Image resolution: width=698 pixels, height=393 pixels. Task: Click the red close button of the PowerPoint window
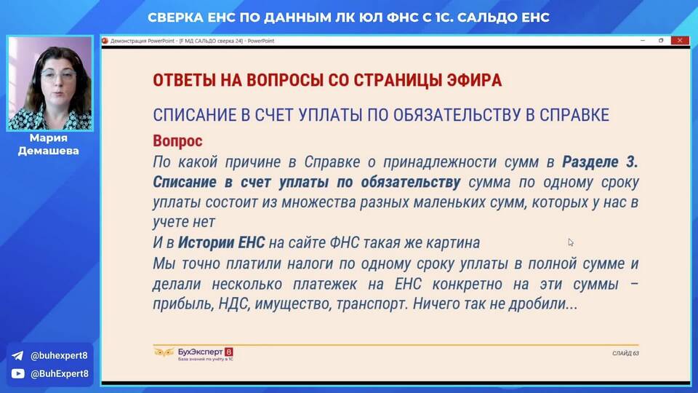coord(680,41)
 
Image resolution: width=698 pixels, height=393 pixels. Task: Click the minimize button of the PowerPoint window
coord(643,41)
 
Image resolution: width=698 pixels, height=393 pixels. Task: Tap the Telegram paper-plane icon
coord(17,356)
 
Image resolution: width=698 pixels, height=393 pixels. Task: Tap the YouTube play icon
coord(17,373)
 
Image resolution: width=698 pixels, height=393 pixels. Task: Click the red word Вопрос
coord(177,140)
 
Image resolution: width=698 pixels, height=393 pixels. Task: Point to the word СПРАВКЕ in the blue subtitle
coord(574,115)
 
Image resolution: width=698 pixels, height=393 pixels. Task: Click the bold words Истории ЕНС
coord(221,243)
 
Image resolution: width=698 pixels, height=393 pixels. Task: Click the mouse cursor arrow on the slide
coord(570,242)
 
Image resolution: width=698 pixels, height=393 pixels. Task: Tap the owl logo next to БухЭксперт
coord(164,353)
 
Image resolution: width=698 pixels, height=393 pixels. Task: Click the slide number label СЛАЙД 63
coord(625,354)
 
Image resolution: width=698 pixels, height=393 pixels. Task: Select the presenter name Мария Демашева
coord(49,144)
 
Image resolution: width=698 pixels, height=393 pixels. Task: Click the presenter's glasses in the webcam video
coord(58,74)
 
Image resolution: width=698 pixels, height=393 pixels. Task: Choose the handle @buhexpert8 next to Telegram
coord(59,356)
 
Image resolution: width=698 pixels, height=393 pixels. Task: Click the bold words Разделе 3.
coord(600,162)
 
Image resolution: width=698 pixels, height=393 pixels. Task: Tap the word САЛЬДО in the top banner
coord(487,17)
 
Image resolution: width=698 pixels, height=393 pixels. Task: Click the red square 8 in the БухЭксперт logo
coord(229,352)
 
